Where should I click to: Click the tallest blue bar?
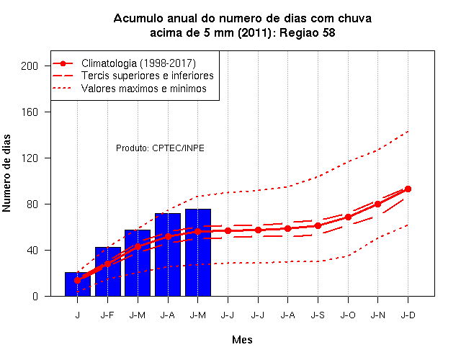pos(198,253)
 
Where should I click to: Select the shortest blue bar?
pos(78,284)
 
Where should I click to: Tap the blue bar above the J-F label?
pos(108,271)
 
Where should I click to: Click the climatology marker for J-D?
pos(408,189)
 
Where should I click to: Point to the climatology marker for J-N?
pos(377,204)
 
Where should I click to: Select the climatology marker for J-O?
pos(348,217)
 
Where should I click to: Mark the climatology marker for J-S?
pos(318,225)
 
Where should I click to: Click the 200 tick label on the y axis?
pos(30,66)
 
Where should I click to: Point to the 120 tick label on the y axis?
pos(30,158)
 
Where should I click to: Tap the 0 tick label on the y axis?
pos(35,296)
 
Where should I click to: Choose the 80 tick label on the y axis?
pos(32,204)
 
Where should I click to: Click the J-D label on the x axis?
pos(408,315)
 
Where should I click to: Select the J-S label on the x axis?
pos(318,315)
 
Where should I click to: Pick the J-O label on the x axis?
pos(348,315)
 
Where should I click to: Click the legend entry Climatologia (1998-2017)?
pos(138,63)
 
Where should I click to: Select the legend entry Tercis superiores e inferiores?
pos(147,76)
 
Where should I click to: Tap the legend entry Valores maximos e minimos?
pos(144,88)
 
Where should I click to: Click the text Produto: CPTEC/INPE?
pos(160,148)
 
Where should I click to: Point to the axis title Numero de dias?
pos(6,173)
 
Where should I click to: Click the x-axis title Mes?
pos(242,340)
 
